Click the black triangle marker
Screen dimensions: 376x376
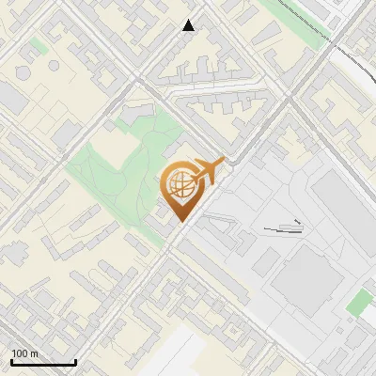pyautogui.click(x=189, y=25)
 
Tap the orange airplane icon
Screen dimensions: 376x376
pyautogui.click(x=208, y=170)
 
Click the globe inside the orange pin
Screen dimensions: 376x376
pyautogui.click(x=180, y=185)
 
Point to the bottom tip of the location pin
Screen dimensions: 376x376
pyautogui.click(x=180, y=222)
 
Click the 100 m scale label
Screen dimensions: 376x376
pyautogui.click(x=24, y=353)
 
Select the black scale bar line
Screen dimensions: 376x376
pyautogui.click(x=43, y=363)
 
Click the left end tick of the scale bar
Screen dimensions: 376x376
pyautogui.click(x=11, y=361)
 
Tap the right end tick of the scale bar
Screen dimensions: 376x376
pyautogui.click(x=75, y=361)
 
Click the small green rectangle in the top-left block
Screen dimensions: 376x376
pyautogui.click(x=38, y=44)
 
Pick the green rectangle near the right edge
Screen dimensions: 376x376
pyautogui.click(x=359, y=303)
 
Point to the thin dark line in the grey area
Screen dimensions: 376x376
pyautogui.click(x=282, y=227)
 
